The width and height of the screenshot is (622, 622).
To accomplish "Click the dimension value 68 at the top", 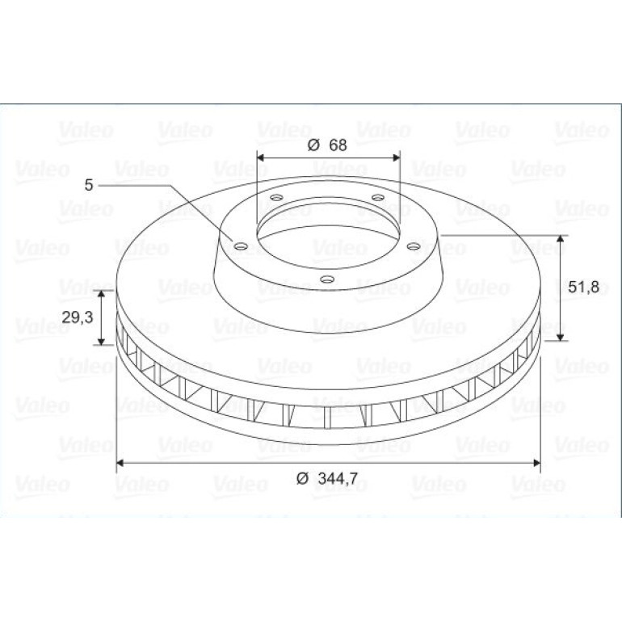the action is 338,145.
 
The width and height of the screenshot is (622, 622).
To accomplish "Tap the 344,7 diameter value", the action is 338,478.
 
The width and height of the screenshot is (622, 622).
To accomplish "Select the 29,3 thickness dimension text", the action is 78,317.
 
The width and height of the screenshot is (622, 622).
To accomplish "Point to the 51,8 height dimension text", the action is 583,287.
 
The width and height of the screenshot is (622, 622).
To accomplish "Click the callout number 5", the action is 89,185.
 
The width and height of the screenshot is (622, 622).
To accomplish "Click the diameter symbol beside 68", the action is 313,145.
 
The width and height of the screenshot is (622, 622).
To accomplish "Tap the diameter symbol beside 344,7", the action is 302,479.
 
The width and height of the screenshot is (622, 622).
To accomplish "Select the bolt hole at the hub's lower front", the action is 327,279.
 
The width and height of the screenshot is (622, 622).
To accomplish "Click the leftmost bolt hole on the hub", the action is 241,246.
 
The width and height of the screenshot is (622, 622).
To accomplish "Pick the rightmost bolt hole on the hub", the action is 414,246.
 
